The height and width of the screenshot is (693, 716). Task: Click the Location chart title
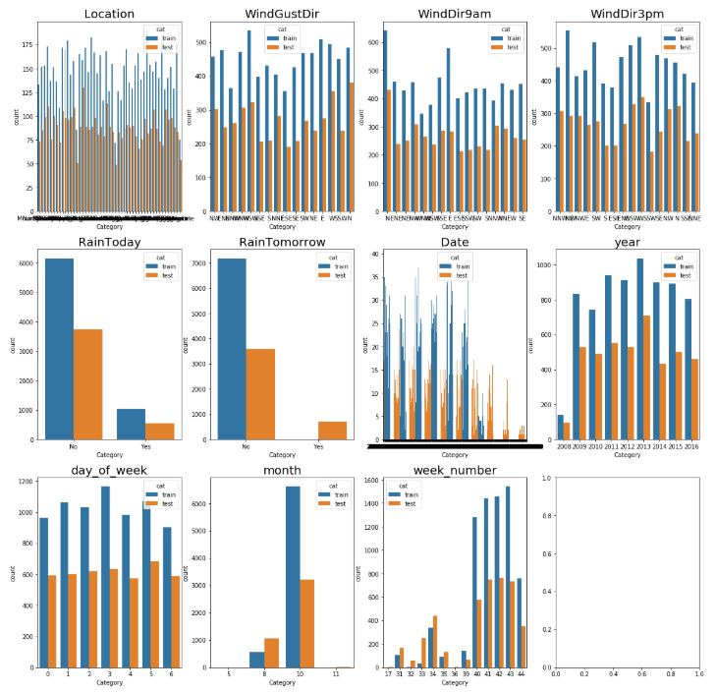click(x=109, y=13)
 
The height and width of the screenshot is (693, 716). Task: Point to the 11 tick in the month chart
click(x=336, y=673)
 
